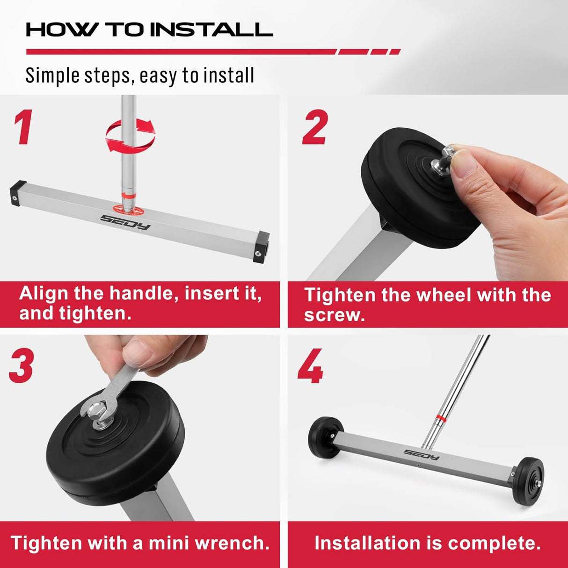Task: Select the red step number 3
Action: click(x=22, y=366)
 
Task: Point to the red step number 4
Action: click(x=311, y=366)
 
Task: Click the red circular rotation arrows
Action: click(x=130, y=135)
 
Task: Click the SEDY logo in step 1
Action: click(x=125, y=222)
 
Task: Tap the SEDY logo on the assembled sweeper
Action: click(x=422, y=454)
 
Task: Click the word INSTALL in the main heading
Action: click(x=214, y=30)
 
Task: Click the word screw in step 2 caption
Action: click(x=334, y=315)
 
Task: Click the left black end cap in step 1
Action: click(x=17, y=193)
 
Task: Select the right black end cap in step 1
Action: click(x=261, y=247)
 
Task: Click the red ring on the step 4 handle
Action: click(x=439, y=416)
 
